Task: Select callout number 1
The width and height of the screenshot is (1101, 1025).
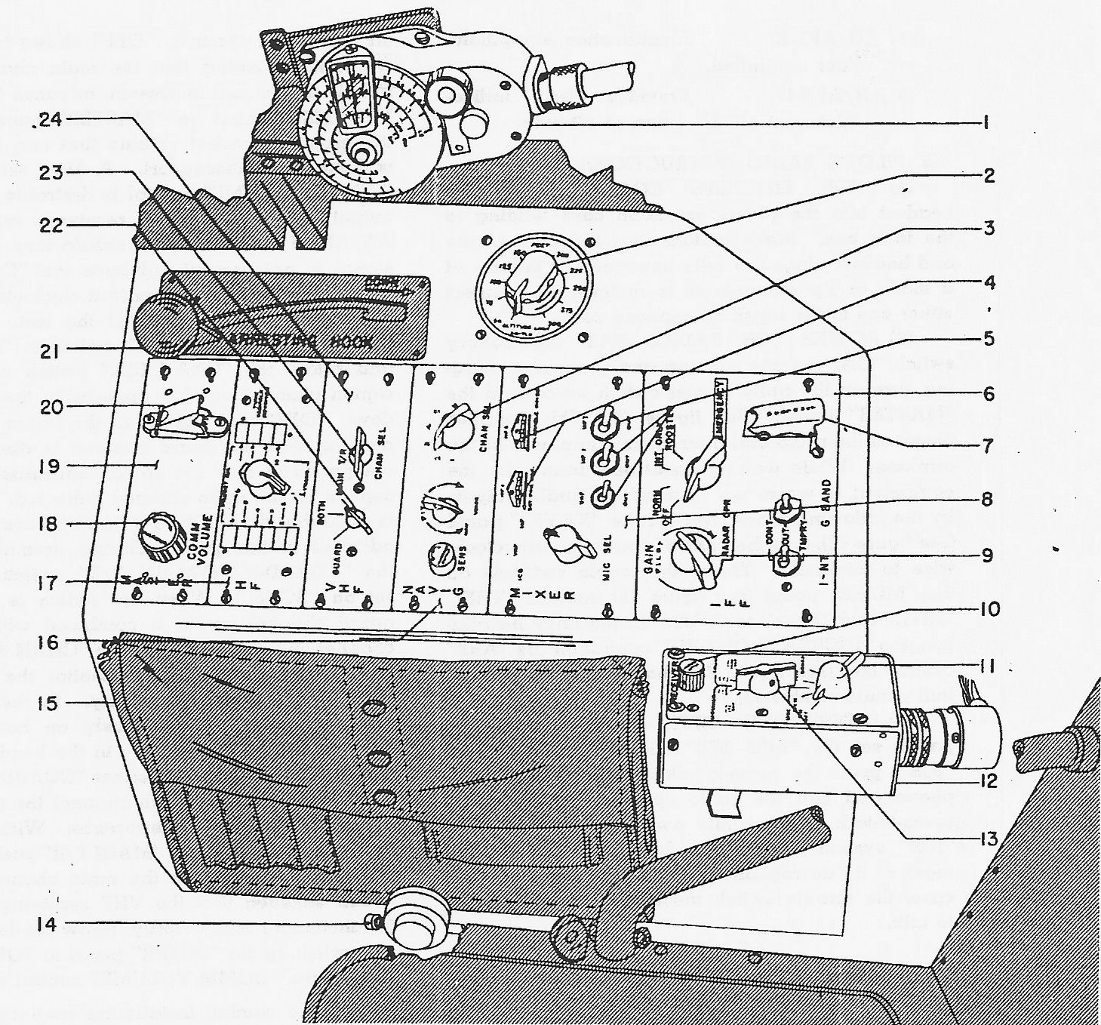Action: pos(985,124)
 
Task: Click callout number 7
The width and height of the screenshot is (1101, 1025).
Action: pos(986,445)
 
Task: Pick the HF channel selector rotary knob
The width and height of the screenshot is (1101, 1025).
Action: pos(257,479)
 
